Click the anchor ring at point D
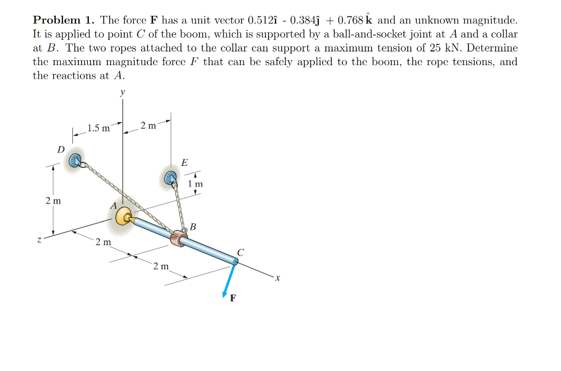pyautogui.click(x=75, y=160)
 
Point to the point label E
pyautogui.click(x=184, y=162)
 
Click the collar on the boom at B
pyautogui.click(x=179, y=239)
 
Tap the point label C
pyautogui.click(x=241, y=252)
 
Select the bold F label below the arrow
pyautogui.click(x=234, y=299)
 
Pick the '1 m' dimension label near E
pyautogui.click(x=195, y=184)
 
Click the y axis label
pyautogui.click(x=122, y=93)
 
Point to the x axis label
pyautogui.click(x=278, y=279)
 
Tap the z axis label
pyautogui.click(x=39, y=239)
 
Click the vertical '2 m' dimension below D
pyautogui.click(x=53, y=201)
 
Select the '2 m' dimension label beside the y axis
pyautogui.click(x=147, y=126)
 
